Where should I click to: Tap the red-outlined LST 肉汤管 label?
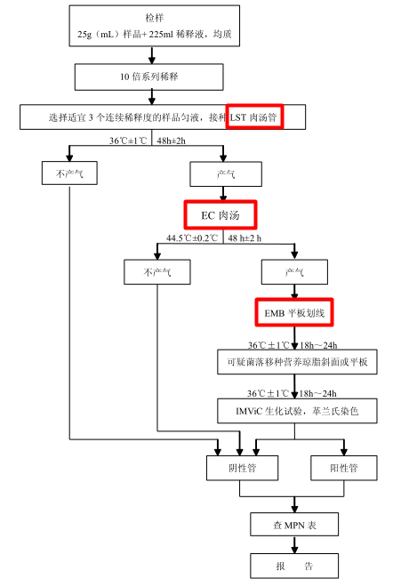coord(255,117)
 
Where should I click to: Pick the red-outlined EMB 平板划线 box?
coord(294,314)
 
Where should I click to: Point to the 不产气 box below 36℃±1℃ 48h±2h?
coord(68,173)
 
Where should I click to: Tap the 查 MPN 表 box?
coord(293,526)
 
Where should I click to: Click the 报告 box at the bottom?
coord(293,566)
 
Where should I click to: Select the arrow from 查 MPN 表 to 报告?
coord(293,545)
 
